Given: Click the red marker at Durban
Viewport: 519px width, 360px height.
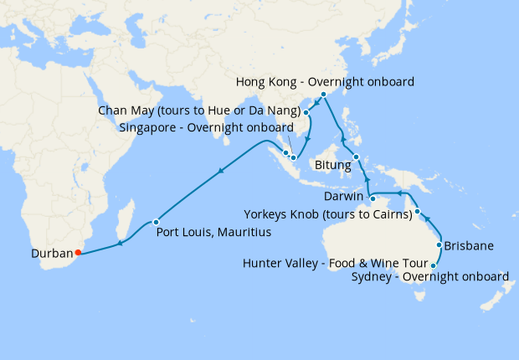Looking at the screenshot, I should (77, 252).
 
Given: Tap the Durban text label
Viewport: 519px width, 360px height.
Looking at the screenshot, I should (51, 252).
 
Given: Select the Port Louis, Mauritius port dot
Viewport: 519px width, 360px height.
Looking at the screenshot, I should (157, 222).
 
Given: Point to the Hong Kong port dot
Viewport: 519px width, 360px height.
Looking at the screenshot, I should (323, 95).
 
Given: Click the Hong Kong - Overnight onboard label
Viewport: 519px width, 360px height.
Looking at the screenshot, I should (326, 82).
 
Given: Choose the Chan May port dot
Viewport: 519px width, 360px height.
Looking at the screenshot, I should (306, 112).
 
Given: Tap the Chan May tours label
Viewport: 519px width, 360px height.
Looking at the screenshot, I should (199, 111).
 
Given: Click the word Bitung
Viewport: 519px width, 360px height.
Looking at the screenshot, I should (332, 166).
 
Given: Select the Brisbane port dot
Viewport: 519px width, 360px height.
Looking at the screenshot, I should (438, 245).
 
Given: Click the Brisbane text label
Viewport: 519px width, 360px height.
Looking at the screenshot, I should (468, 246).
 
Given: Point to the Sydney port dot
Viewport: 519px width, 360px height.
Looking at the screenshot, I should (433, 265).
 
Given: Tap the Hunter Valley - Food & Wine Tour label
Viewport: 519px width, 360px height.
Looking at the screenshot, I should (332, 263).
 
